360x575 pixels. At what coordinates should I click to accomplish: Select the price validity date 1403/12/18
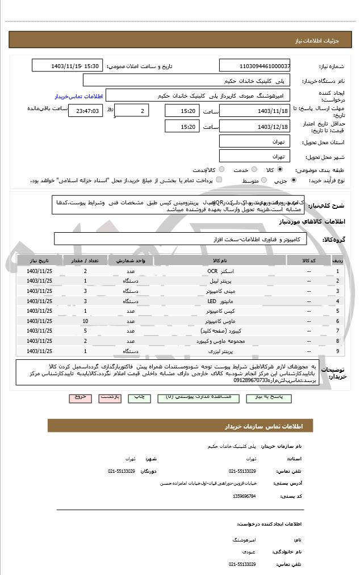(x=254, y=127)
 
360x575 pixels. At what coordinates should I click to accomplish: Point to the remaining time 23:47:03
(x=86, y=111)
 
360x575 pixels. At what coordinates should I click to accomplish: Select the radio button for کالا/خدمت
(x=221, y=170)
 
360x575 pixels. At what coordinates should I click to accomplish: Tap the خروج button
(x=80, y=397)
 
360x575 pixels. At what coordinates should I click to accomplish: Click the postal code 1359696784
(x=244, y=496)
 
